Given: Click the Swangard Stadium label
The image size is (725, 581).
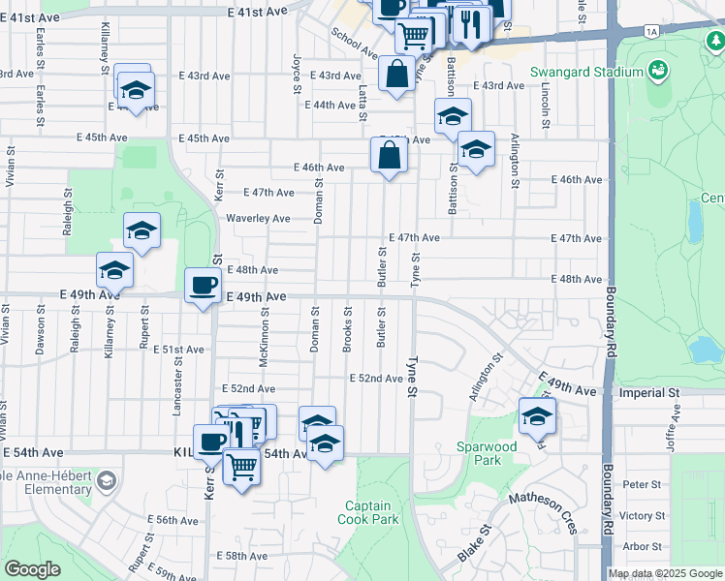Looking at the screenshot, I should click(586, 73).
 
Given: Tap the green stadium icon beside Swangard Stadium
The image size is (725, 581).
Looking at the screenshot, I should click(659, 70).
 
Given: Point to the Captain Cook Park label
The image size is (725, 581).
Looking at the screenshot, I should click(367, 512).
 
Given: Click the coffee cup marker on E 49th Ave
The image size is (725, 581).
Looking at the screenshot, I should click(204, 286).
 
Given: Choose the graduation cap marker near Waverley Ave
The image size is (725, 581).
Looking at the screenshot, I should click(142, 231).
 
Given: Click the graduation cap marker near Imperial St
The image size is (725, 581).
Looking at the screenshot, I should click(536, 415).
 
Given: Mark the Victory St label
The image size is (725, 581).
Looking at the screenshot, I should click(641, 515).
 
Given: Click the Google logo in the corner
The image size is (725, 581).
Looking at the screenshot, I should click(32, 569).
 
